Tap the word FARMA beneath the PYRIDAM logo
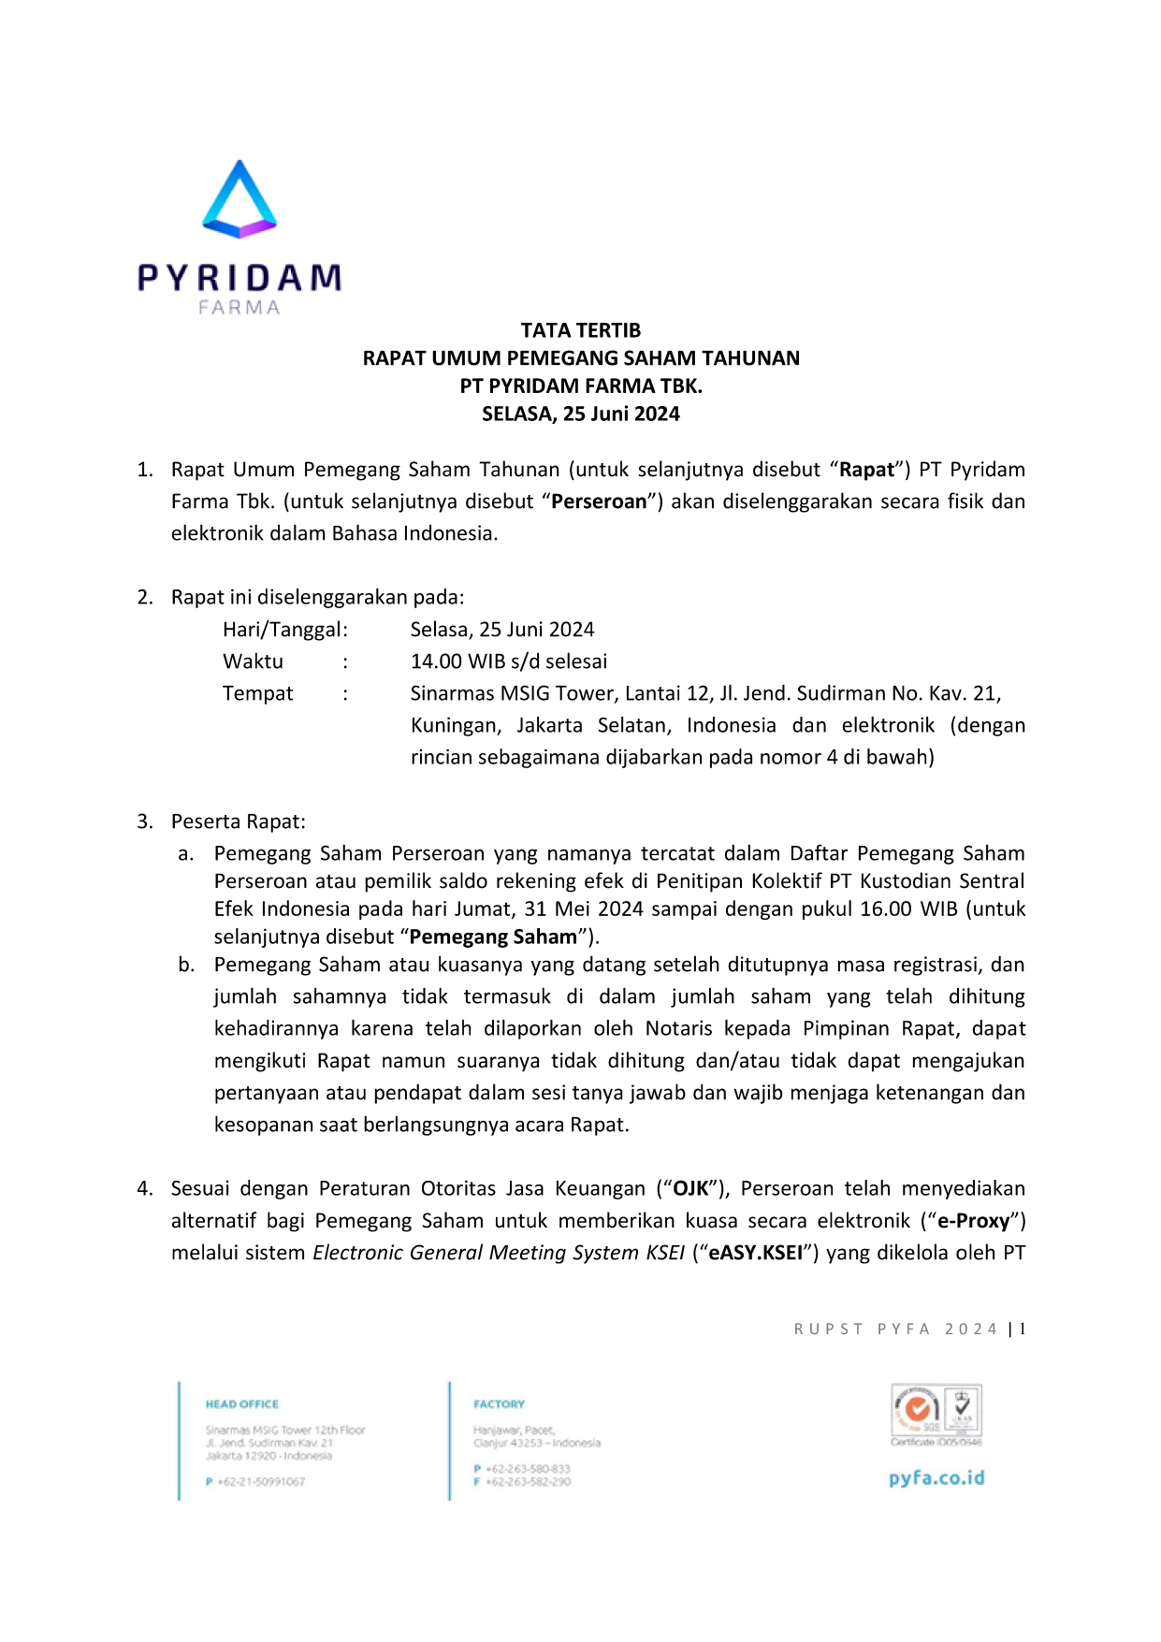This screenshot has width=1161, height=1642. (x=239, y=308)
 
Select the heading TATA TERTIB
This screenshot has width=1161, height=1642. (x=580, y=330)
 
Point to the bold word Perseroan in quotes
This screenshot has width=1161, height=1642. (x=599, y=501)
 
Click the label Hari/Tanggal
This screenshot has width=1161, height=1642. (x=284, y=630)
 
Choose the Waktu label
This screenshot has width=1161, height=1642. (x=253, y=661)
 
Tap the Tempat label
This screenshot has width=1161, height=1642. (x=257, y=693)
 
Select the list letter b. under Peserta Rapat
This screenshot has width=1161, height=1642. (x=186, y=965)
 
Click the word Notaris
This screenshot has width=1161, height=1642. (x=683, y=1028)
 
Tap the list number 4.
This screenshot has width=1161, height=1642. (x=145, y=1188)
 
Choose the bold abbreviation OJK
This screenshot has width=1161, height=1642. (x=691, y=1188)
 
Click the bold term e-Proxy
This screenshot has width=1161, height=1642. (x=974, y=1221)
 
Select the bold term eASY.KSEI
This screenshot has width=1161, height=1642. (x=756, y=1253)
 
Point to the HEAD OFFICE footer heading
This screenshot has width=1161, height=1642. (x=242, y=1404)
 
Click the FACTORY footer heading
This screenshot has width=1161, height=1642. (x=500, y=1404)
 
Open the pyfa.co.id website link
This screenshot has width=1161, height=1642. (x=936, y=1478)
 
